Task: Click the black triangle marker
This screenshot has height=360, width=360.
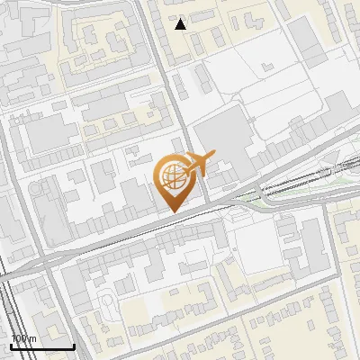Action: click(x=181, y=24)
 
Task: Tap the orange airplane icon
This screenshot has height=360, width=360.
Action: click(x=198, y=164)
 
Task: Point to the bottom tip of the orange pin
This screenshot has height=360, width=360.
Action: click(x=171, y=212)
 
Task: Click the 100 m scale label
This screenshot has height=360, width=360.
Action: click(x=23, y=338)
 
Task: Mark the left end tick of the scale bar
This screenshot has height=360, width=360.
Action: click(x=11, y=346)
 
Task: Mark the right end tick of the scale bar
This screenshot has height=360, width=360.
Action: click(x=74, y=346)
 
